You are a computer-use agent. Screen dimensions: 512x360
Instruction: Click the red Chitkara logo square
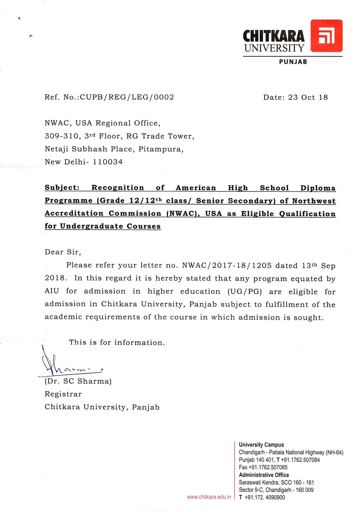click(326, 36)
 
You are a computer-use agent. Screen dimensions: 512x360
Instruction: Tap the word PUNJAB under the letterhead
click(293, 62)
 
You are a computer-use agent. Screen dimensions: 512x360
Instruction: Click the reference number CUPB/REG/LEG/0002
click(127, 97)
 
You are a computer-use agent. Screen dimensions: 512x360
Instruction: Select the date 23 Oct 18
click(308, 97)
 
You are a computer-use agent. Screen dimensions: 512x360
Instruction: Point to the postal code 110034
click(108, 162)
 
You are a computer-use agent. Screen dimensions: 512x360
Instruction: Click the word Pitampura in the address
click(161, 149)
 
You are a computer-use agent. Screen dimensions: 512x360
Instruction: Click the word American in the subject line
click(196, 188)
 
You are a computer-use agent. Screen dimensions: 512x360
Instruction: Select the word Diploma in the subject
click(318, 188)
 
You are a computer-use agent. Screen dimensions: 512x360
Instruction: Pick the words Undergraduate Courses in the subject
click(110, 226)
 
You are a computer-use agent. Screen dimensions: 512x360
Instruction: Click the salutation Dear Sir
click(63, 252)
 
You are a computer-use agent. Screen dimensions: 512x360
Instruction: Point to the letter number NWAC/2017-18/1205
click(227, 266)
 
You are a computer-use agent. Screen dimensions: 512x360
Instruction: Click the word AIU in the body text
click(52, 291)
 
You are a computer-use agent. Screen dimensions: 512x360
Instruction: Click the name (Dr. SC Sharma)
click(78, 381)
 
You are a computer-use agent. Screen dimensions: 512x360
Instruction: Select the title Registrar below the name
click(63, 394)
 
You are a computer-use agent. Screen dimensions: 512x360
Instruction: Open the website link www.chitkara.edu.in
click(209, 497)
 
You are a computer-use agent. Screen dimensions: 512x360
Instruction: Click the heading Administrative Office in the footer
click(264, 475)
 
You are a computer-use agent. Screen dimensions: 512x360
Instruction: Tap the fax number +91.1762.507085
click(268, 467)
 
